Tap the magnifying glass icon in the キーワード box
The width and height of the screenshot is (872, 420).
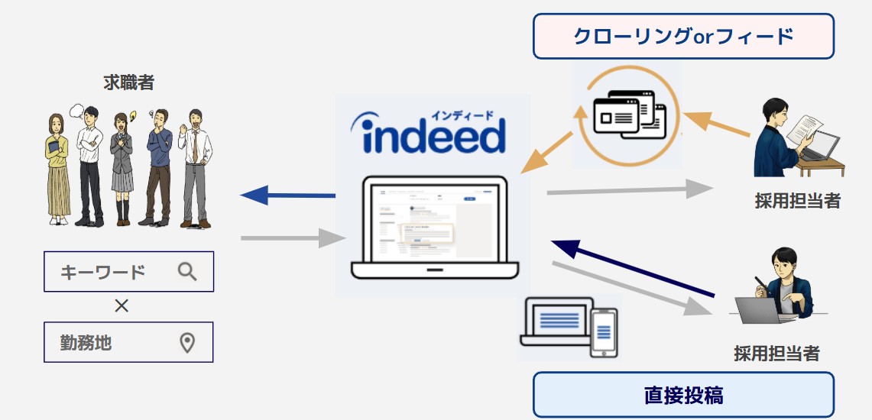click(x=187, y=271)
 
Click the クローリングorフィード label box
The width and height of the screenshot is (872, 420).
click(x=683, y=36)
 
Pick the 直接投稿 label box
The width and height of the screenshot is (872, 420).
click(x=683, y=395)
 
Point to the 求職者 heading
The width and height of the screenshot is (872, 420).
click(x=129, y=82)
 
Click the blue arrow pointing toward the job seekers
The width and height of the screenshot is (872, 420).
click(x=288, y=195)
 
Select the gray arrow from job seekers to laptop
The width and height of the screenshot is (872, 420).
click(x=289, y=239)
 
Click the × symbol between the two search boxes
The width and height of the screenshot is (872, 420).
click(x=122, y=306)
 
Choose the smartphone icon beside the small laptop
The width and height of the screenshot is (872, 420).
click(x=604, y=331)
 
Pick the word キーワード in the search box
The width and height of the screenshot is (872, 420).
click(x=103, y=271)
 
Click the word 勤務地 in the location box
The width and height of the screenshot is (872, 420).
click(x=86, y=342)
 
